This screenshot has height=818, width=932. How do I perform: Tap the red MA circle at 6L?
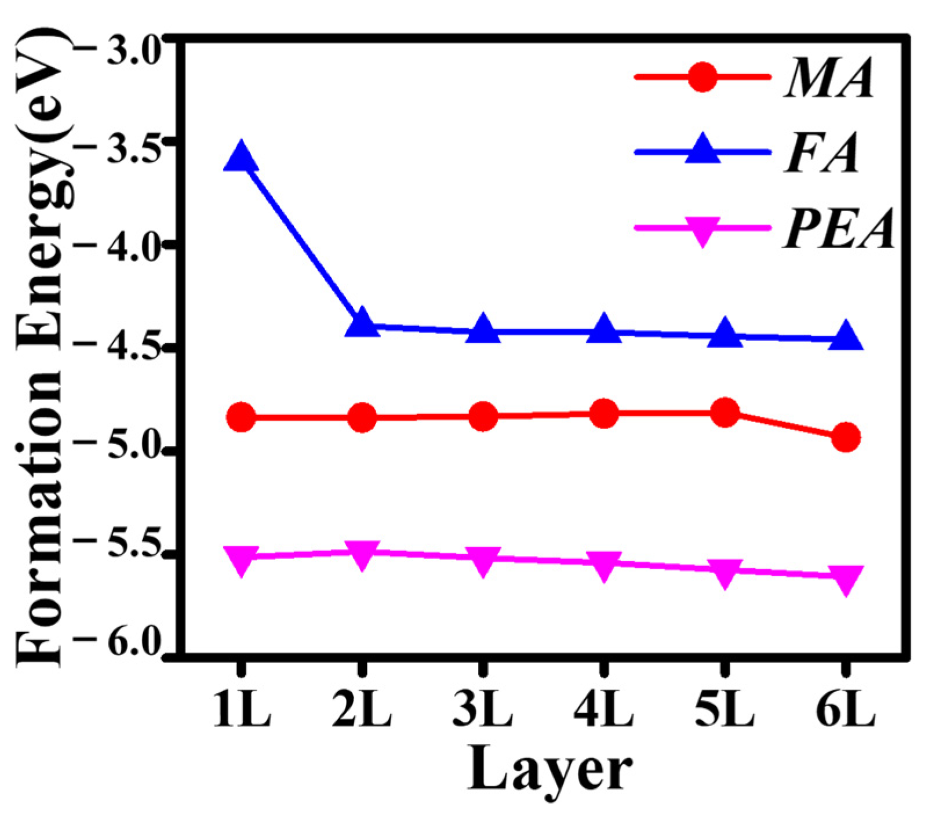pyautogui.click(x=846, y=437)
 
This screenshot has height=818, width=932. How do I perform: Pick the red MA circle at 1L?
pyautogui.click(x=241, y=417)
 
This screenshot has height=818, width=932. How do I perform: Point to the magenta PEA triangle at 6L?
pyautogui.click(x=846, y=579)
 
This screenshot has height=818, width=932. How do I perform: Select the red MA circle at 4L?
pyautogui.click(x=604, y=413)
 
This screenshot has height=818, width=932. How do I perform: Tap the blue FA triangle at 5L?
pyautogui.click(x=725, y=334)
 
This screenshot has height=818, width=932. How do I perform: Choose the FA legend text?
pyautogui.click(x=822, y=154)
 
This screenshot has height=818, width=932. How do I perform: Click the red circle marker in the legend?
pyautogui.click(x=702, y=77)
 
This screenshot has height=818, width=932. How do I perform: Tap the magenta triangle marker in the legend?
pyautogui.click(x=702, y=230)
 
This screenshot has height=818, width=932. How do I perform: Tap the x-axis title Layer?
pyautogui.click(x=549, y=770)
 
